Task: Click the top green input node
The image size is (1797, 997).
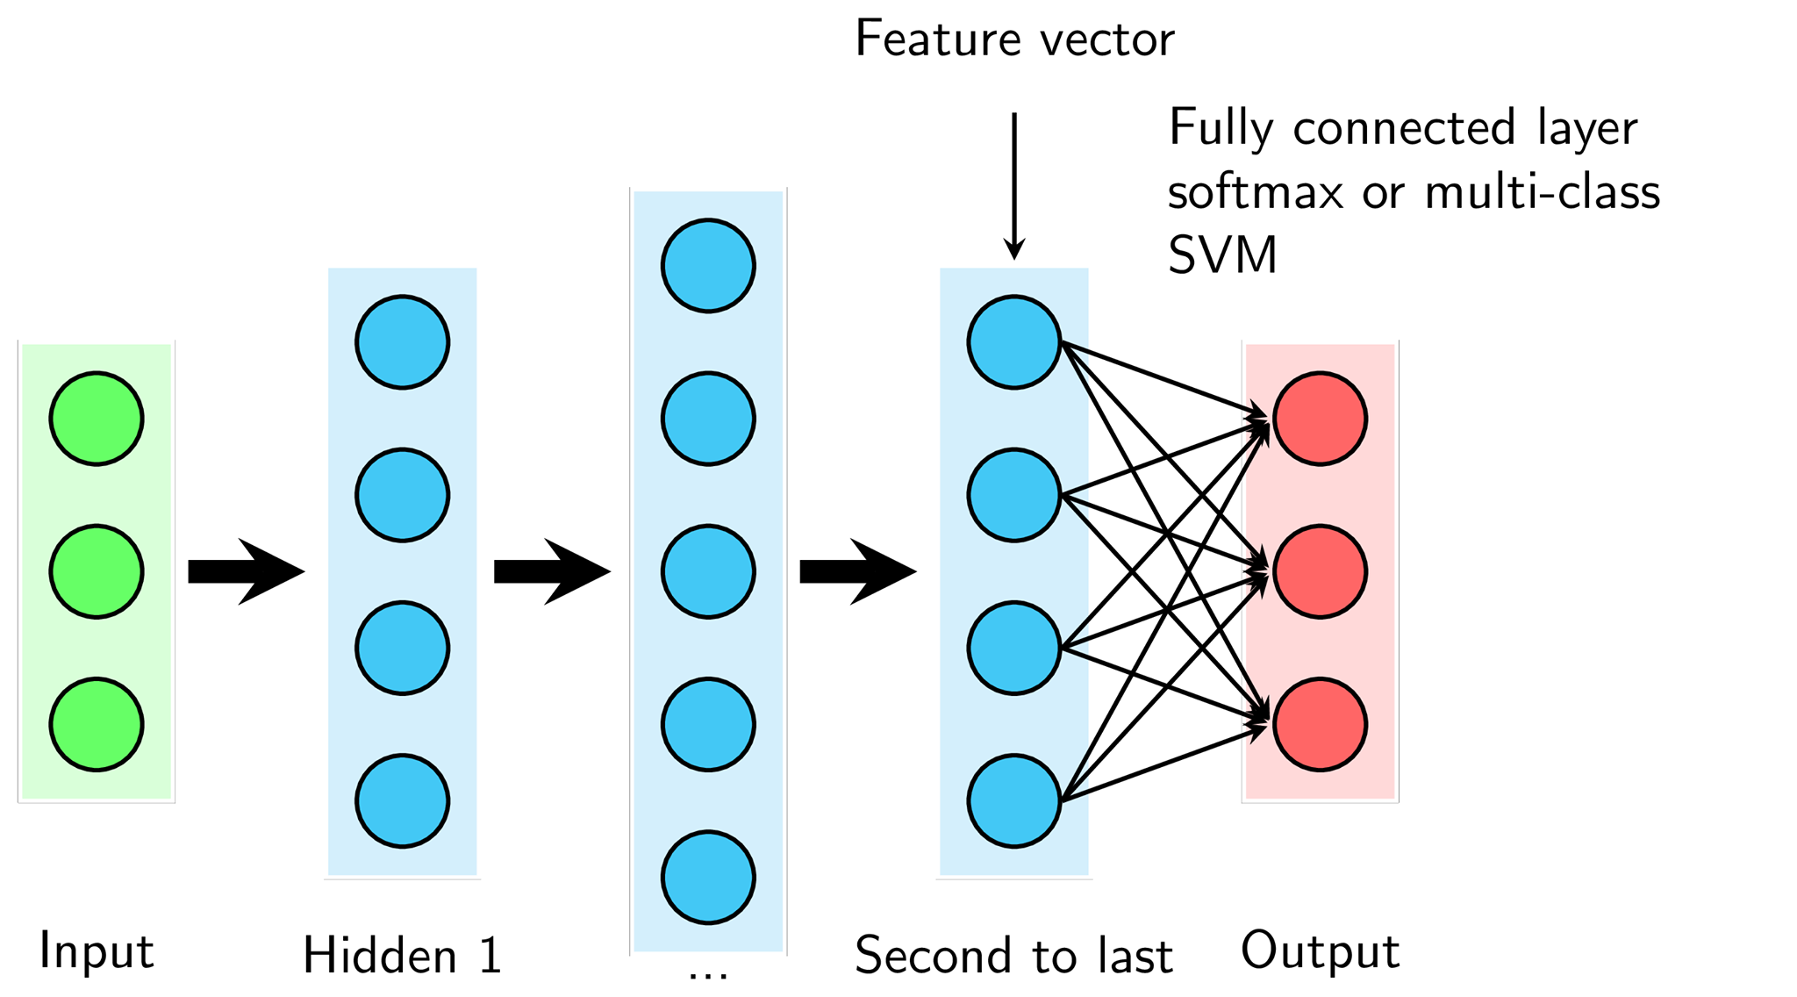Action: tap(97, 419)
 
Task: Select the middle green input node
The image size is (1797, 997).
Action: tap(97, 571)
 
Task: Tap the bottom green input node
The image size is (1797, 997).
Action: tap(97, 724)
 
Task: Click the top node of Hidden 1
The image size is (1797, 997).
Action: tap(403, 342)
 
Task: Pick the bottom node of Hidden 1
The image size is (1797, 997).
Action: tap(403, 800)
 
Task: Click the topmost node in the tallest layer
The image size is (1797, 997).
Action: tap(708, 266)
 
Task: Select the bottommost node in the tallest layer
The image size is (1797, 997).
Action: tap(708, 877)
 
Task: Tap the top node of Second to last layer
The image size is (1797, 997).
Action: tap(1014, 342)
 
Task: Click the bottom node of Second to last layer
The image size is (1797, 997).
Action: tap(1014, 800)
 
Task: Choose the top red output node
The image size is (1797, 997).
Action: tap(1320, 419)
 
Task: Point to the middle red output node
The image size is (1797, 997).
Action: tap(1320, 571)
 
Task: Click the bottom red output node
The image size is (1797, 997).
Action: tap(1320, 724)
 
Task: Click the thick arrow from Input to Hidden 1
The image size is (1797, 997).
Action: tap(247, 571)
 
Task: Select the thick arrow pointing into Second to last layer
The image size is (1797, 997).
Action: tap(858, 571)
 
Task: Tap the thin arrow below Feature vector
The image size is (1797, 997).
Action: tap(1014, 186)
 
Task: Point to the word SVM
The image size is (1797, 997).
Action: tap(1222, 255)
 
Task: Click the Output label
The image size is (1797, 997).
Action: tap(1320, 950)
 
